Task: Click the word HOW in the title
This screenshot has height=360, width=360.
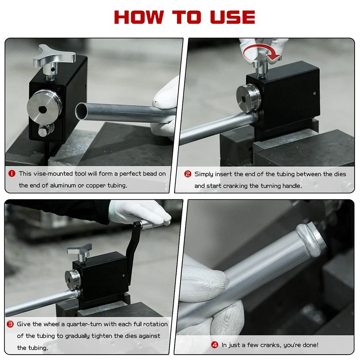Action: [139, 17]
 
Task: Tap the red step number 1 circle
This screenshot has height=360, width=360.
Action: [12, 174]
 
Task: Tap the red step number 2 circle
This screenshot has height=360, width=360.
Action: [188, 174]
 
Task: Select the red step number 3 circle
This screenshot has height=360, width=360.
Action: [10, 324]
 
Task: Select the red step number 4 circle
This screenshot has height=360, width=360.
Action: [215, 345]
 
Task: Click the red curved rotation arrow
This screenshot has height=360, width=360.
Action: [261, 53]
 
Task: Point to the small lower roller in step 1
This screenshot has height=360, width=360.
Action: [44, 130]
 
